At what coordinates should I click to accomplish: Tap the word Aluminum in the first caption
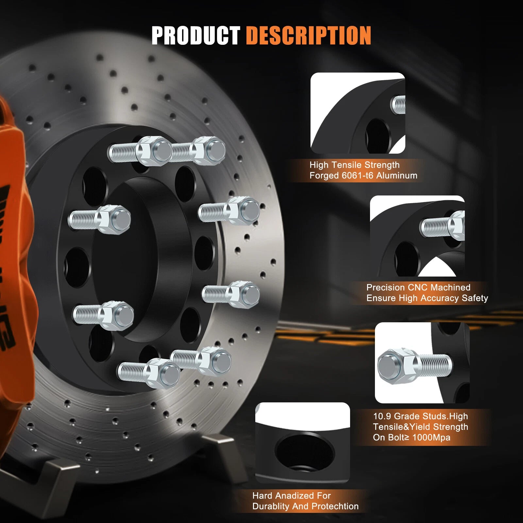click(x=397, y=176)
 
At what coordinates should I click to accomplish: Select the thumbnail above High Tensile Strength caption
click(x=358, y=113)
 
